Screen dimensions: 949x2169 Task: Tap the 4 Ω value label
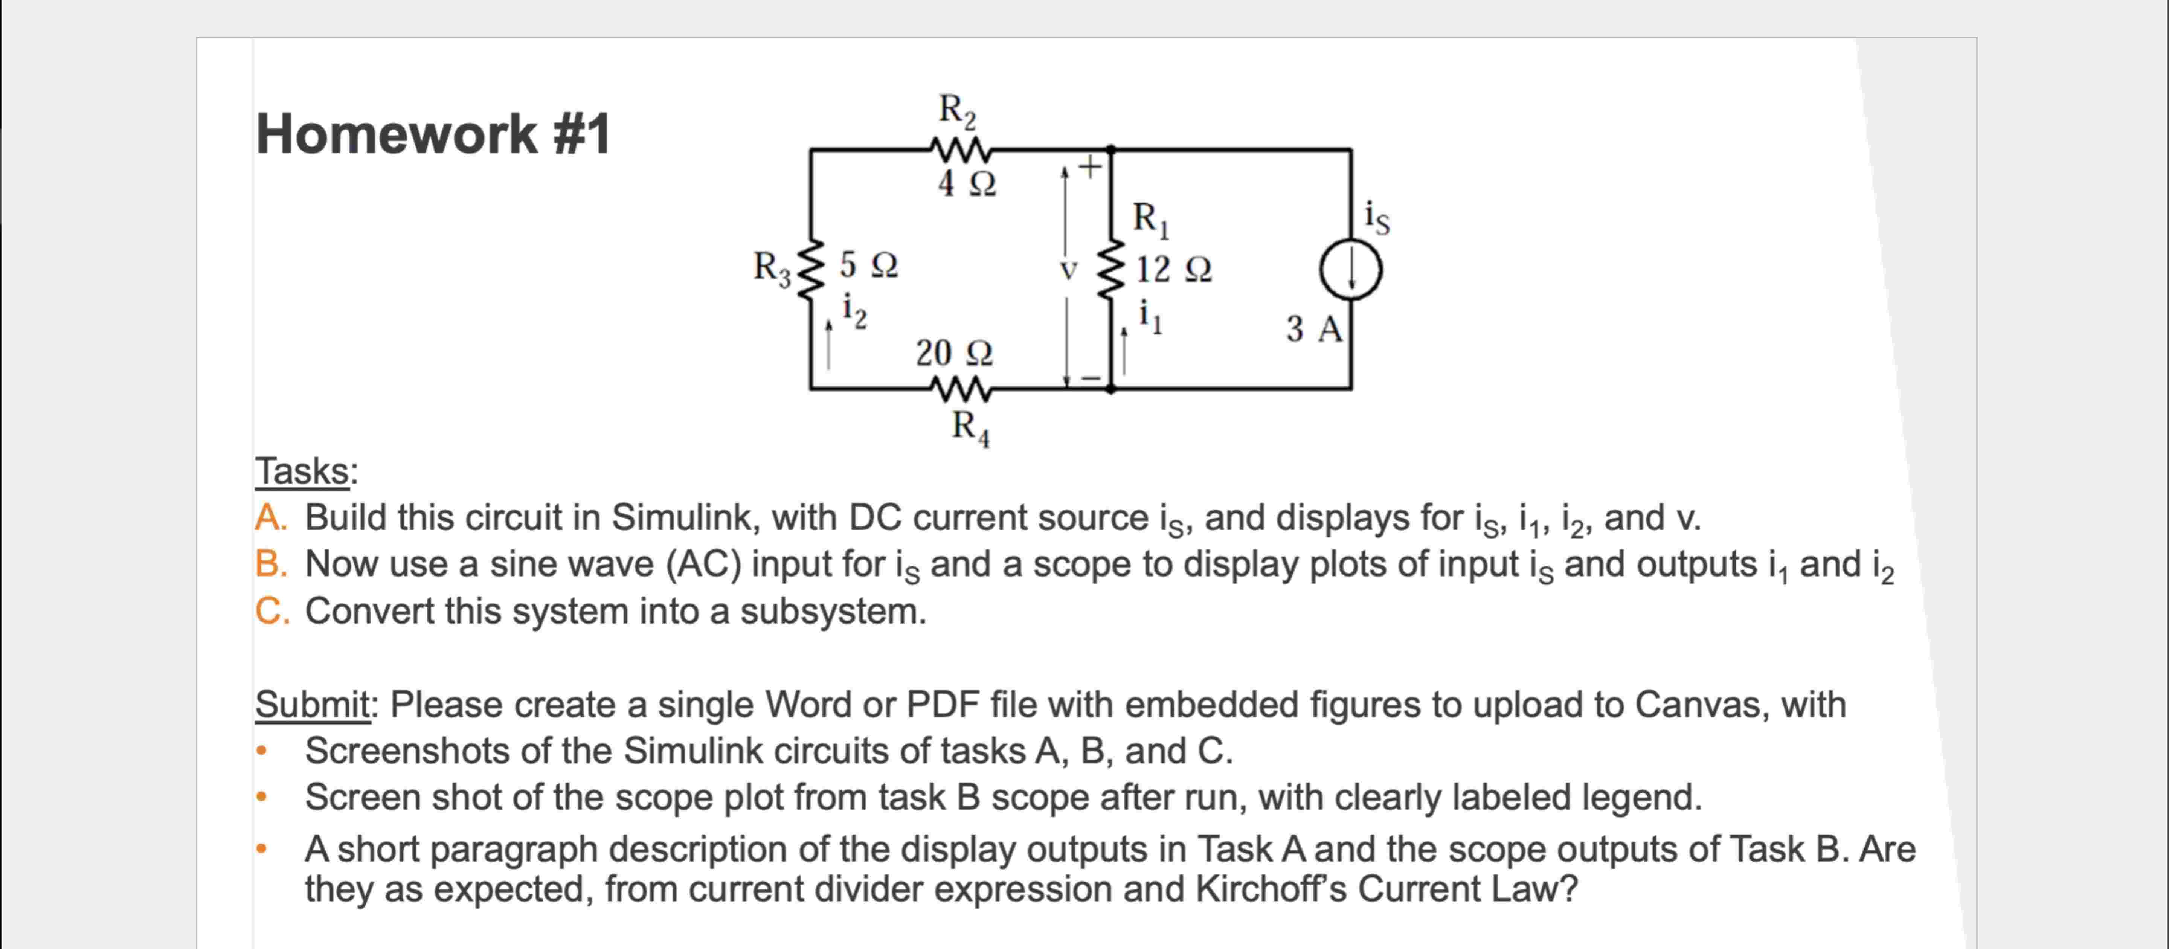(967, 183)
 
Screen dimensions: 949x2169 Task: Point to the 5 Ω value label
(868, 265)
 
